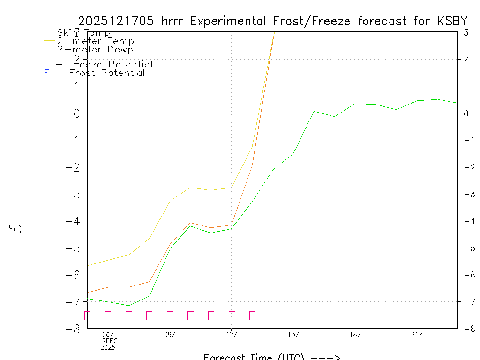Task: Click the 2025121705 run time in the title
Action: point(117,21)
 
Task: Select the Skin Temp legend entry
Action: point(83,32)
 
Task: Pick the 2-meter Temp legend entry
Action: point(95,41)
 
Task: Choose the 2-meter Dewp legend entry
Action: point(95,49)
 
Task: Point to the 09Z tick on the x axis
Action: point(170,334)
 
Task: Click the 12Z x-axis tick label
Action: point(232,334)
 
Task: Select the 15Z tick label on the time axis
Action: point(293,334)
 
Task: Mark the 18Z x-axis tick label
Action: point(355,334)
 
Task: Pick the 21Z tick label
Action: point(417,334)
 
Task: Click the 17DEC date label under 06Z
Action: point(108,341)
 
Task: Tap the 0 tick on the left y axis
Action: point(76,113)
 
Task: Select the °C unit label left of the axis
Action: point(15,229)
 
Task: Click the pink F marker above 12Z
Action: point(231,315)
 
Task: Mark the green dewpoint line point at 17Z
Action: point(335,117)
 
